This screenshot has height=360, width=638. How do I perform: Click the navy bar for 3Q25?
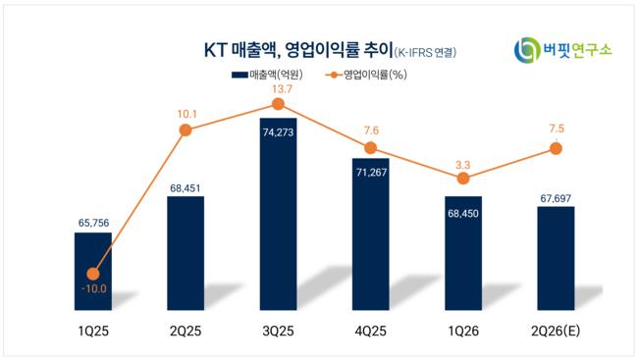click(x=279, y=214)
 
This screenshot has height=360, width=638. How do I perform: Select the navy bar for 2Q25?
click(x=186, y=253)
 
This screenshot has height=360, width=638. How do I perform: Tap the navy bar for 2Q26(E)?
click(x=556, y=258)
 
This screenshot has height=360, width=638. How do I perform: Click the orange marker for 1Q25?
click(x=93, y=275)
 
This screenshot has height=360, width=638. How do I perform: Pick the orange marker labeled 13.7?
click(x=278, y=105)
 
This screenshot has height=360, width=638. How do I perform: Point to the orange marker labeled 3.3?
click(x=463, y=179)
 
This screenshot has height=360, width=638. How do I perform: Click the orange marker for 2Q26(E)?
click(x=556, y=148)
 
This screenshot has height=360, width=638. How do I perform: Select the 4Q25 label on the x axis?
click(x=371, y=332)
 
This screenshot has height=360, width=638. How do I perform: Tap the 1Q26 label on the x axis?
click(x=463, y=332)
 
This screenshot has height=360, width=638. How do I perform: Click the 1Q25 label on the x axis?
click(x=93, y=332)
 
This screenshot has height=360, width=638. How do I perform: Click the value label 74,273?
click(x=279, y=132)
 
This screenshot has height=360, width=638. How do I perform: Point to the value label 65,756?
click(x=93, y=223)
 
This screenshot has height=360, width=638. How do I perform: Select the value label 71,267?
click(x=371, y=173)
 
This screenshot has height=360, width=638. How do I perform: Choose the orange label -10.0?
click(x=94, y=288)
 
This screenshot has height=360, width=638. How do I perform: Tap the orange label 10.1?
click(x=186, y=115)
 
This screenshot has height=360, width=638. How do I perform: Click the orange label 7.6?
click(x=371, y=130)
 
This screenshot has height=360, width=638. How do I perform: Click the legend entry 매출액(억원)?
click(x=267, y=75)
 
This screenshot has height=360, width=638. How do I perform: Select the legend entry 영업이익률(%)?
click(x=366, y=75)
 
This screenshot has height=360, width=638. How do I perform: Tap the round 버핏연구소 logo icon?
click(x=527, y=50)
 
